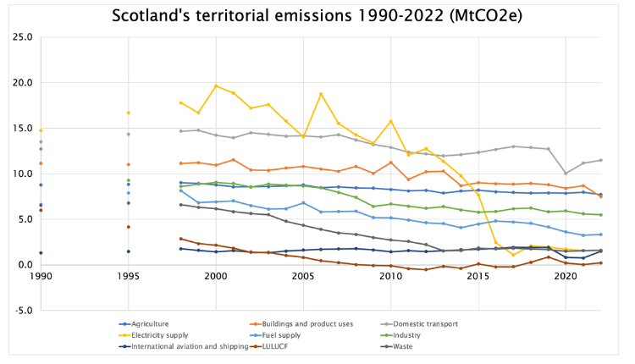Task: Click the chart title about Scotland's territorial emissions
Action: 317,16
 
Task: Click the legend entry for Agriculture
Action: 151,323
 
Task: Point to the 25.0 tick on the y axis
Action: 23,38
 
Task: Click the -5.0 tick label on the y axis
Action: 23,310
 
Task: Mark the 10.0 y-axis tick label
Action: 23,174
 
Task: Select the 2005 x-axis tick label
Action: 302,277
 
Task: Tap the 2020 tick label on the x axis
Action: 565,277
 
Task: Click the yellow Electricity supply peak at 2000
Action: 216,85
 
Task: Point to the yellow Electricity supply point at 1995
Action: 128,113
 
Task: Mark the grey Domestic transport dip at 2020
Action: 566,174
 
